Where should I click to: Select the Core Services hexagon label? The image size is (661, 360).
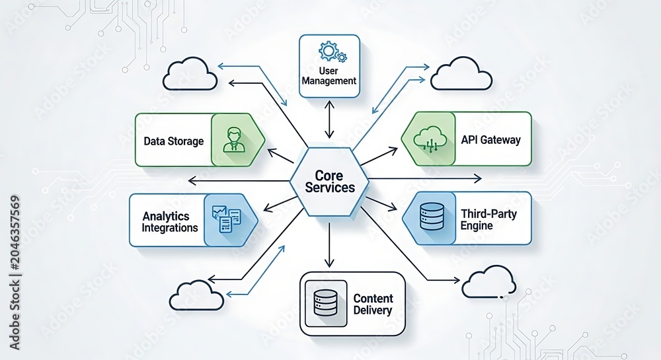point(330,182)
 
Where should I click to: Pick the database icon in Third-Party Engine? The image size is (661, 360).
point(432,217)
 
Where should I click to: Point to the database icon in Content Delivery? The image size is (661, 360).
point(326,303)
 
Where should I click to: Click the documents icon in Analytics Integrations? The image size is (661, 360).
point(226,219)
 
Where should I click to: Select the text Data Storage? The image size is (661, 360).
point(174,141)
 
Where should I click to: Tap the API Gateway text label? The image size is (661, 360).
point(490,140)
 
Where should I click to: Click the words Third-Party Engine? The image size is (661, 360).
point(488,219)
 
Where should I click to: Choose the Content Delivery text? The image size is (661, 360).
point(373,305)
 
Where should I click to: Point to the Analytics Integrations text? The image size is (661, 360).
point(170,222)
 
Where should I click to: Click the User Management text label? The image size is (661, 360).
point(329,76)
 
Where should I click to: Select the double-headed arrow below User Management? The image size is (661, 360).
point(329,120)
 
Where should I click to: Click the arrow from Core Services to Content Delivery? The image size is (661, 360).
point(329,244)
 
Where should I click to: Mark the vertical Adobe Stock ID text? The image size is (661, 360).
point(15,272)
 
